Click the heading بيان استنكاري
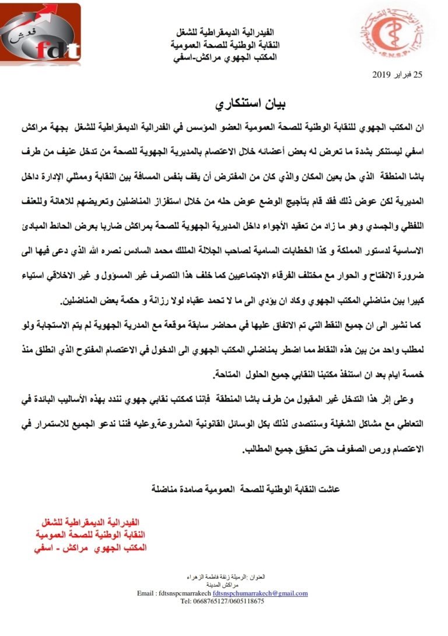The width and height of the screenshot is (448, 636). click(223, 106)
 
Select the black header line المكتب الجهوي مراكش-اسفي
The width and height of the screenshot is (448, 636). click(224, 58)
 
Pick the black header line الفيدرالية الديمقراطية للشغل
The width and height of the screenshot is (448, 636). click(225, 32)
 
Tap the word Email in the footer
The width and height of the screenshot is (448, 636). click(146, 593)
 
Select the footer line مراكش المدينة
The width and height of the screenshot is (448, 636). click(223, 584)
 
